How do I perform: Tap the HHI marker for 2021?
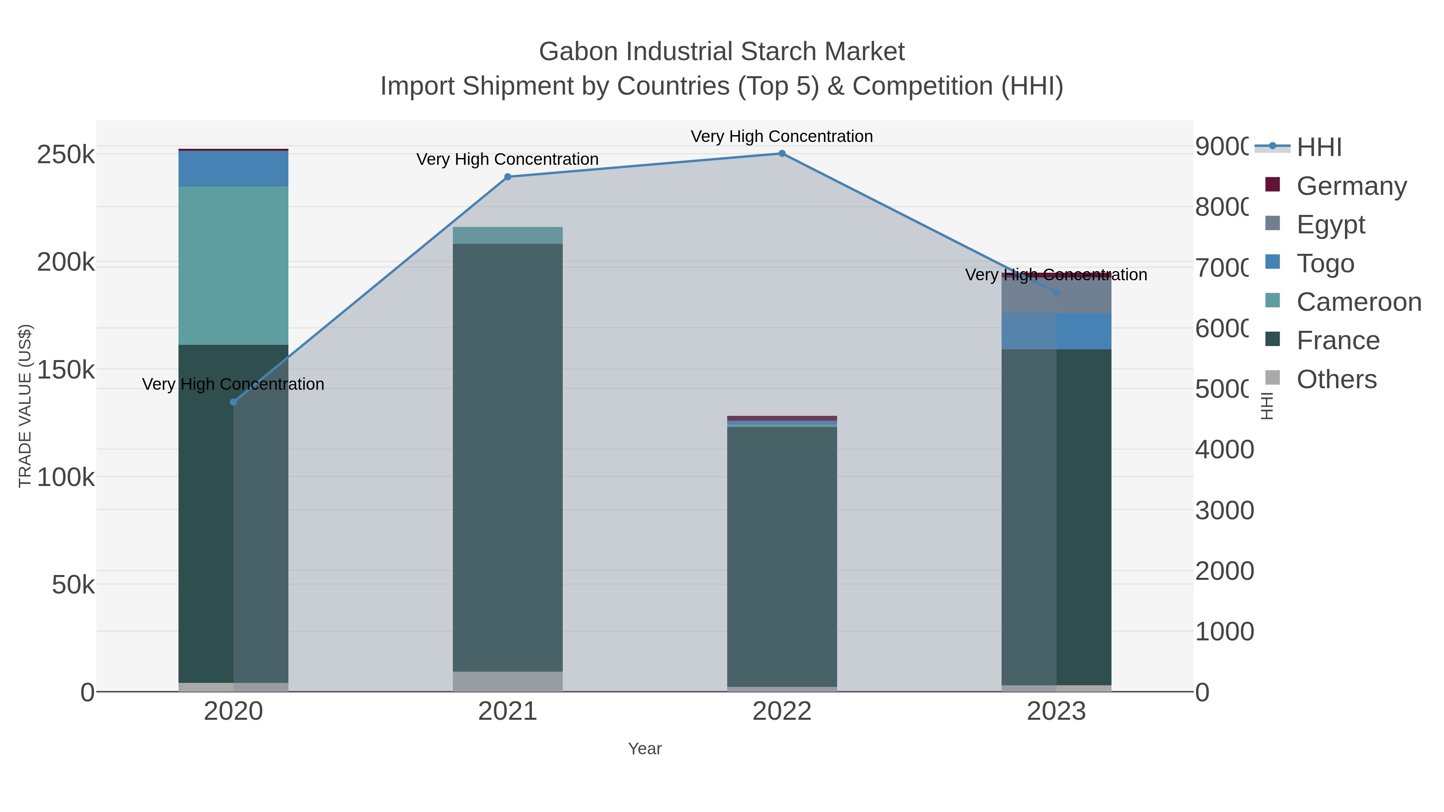pos(508,177)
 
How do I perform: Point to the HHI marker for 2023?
pos(1056,293)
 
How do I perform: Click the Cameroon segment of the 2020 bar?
pos(233,265)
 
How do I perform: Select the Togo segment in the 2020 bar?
pos(233,169)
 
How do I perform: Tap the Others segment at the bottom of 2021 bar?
pos(508,681)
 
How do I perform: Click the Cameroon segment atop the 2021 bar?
pos(508,235)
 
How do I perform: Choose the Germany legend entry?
pos(1351,186)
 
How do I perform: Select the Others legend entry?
pos(1337,379)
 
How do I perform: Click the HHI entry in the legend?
pos(1318,148)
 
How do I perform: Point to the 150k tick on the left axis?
pos(66,370)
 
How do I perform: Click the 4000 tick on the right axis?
pos(1224,450)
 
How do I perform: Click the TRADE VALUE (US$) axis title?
pos(25,406)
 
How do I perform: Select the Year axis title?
pos(645,749)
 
